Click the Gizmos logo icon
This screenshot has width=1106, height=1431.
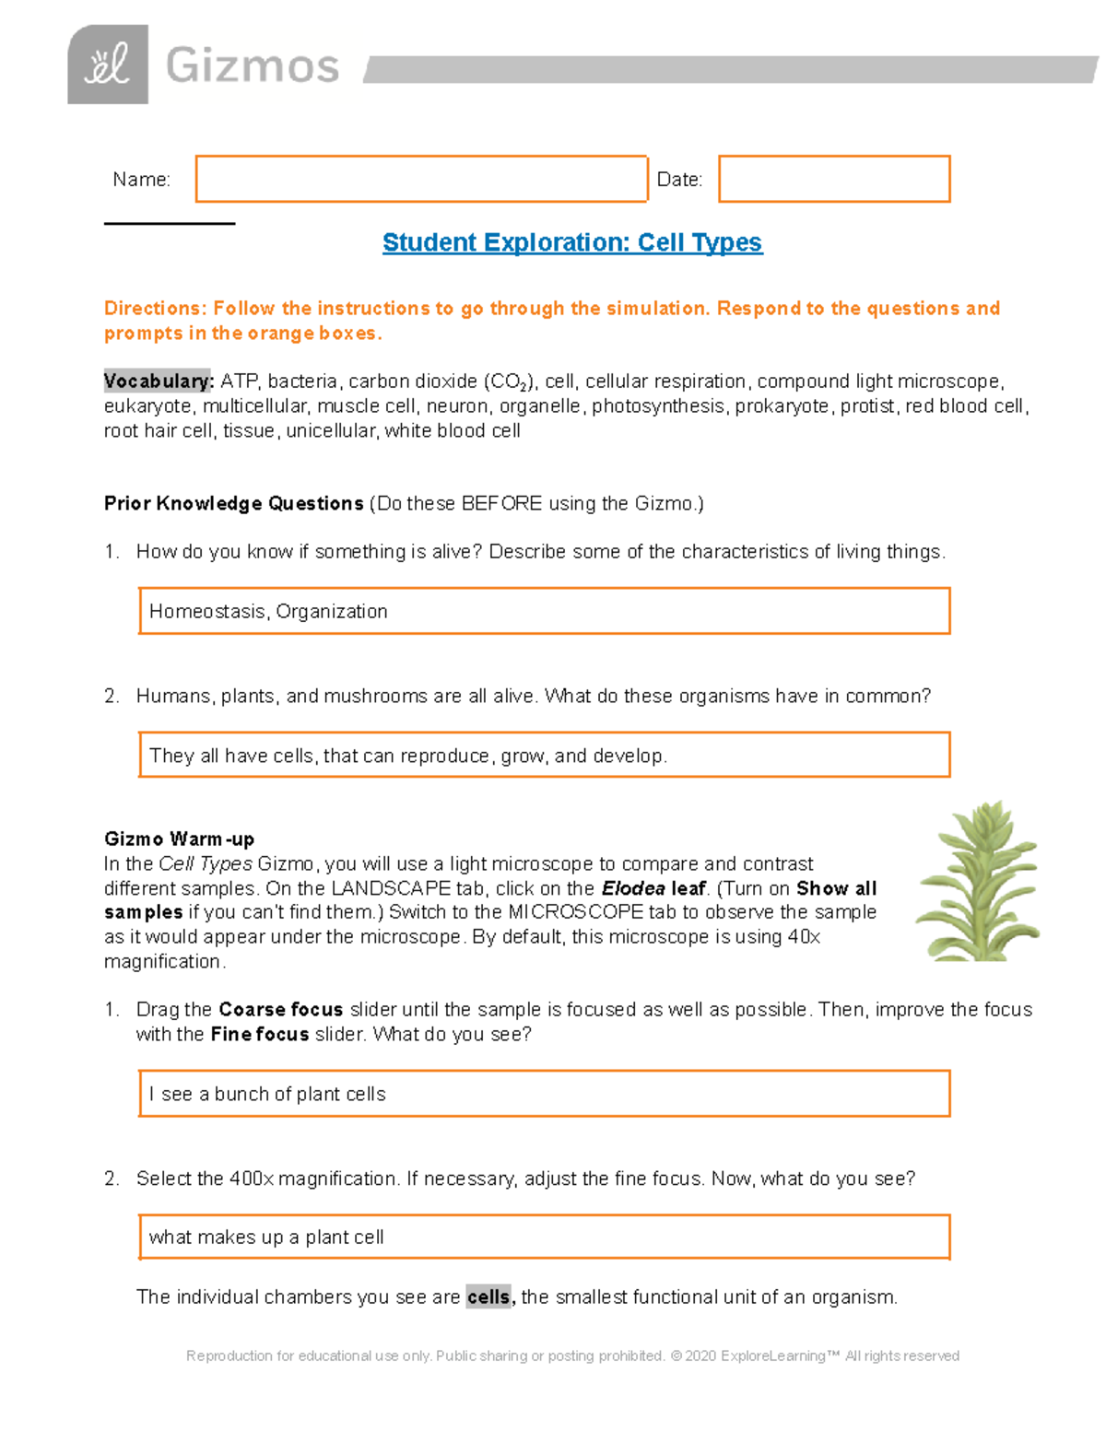(x=108, y=65)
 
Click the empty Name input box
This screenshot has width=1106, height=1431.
(x=421, y=179)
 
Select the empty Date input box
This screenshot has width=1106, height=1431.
(x=833, y=179)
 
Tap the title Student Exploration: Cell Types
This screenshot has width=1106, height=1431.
(x=571, y=242)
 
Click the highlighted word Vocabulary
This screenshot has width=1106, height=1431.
(x=159, y=381)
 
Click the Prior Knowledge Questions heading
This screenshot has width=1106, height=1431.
(x=233, y=503)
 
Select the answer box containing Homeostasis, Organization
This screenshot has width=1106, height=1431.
(x=544, y=611)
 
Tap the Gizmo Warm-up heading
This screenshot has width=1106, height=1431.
(x=179, y=839)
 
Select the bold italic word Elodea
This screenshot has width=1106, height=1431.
(x=632, y=888)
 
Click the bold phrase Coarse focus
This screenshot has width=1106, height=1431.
(x=280, y=1009)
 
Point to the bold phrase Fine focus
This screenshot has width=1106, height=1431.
(x=259, y=1034)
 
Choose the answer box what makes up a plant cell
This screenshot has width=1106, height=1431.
(x=544, y=1237)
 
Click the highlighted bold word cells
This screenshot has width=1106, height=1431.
(x=488, y=1296)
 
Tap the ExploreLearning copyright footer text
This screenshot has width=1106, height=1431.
(x=572, y=1355)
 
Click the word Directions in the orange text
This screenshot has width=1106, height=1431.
(x=153, y=309)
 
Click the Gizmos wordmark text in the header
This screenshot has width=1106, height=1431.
(x=253, y=66)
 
